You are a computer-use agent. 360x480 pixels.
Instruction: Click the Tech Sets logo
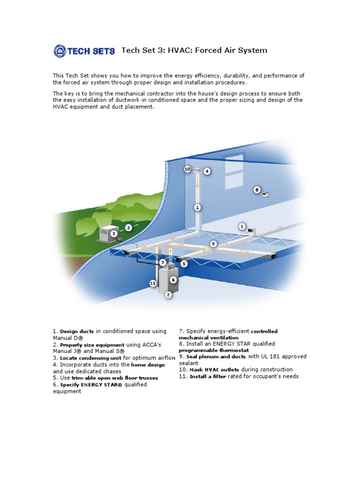84,51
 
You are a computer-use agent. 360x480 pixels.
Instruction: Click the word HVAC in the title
178,50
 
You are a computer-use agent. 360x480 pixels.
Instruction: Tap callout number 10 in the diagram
187,169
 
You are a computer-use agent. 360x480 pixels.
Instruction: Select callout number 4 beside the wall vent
207,172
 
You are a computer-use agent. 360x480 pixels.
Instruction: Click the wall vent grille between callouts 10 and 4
197,171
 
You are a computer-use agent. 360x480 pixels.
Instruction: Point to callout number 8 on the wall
256,190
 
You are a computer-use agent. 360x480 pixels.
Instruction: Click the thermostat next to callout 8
265,194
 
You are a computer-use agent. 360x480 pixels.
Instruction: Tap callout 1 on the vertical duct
197,207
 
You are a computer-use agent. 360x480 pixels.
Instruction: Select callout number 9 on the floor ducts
213,244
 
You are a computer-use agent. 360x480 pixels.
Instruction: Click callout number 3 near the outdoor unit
128,228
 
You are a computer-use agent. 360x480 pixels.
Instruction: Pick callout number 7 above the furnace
162,262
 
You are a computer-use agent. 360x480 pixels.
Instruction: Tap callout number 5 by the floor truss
184,264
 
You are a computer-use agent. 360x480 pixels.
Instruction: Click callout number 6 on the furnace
173,279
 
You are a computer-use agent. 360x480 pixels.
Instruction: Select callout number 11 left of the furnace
153,284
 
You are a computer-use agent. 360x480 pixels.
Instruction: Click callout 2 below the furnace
168,295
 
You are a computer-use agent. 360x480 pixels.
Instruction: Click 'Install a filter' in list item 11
208,376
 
